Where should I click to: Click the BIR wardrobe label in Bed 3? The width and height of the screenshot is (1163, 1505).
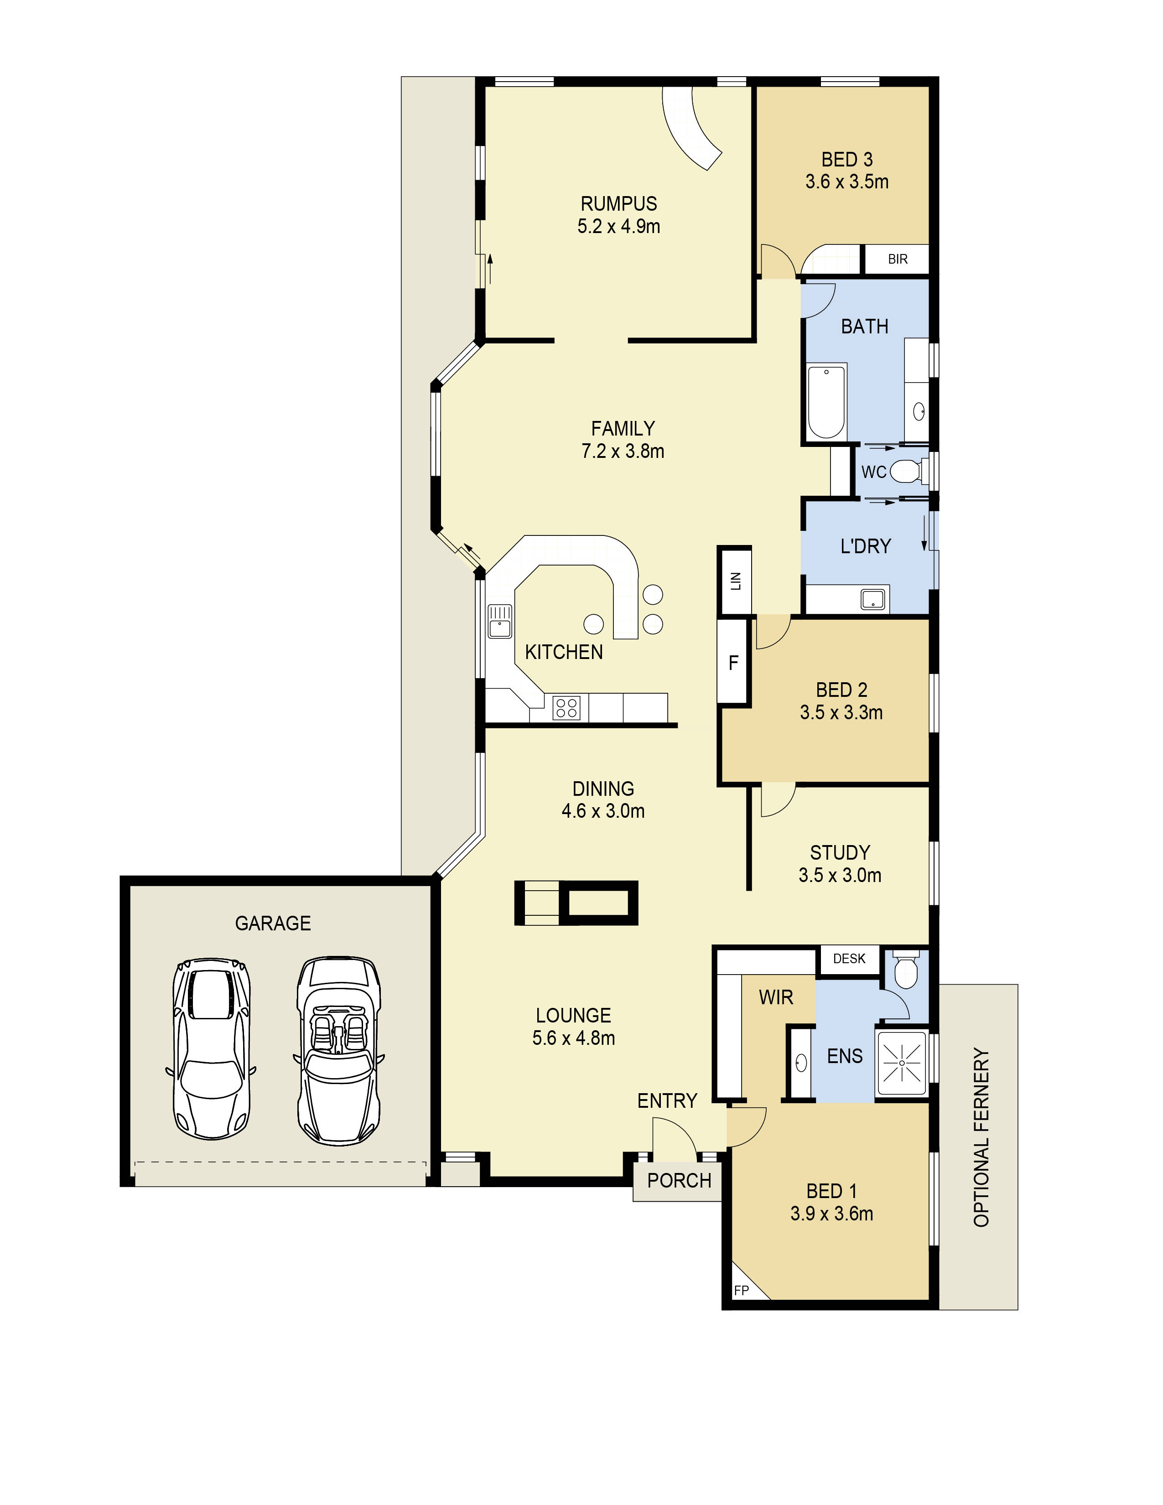(897, 259)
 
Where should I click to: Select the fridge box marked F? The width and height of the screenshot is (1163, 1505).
(733, 662)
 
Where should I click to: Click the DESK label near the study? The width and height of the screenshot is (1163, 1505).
(849, 959)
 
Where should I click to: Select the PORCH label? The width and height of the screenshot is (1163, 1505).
(680, 1180)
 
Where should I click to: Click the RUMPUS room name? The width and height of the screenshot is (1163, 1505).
(619, 204)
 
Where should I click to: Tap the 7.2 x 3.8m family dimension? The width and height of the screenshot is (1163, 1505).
(623, 451)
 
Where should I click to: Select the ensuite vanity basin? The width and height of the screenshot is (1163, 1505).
(800, 1063)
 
